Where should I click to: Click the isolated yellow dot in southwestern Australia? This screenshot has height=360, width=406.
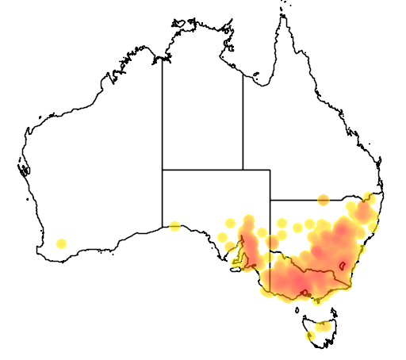click(62, 243)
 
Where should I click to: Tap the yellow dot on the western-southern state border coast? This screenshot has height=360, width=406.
click(174, 226)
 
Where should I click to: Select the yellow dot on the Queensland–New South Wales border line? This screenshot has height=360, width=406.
click(323, 200)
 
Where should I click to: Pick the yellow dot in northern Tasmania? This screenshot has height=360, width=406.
click(321, 326)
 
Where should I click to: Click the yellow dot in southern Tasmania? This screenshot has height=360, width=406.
click(310, 335)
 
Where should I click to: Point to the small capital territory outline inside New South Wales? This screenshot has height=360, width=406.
click(343, 266)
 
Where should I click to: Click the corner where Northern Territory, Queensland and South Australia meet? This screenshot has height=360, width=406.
click(243, 170)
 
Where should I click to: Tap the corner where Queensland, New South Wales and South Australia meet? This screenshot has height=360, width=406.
click(270, 200)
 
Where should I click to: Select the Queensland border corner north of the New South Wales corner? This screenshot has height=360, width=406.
click(270, 170)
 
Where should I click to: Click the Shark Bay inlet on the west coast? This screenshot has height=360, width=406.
click(24, 167)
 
